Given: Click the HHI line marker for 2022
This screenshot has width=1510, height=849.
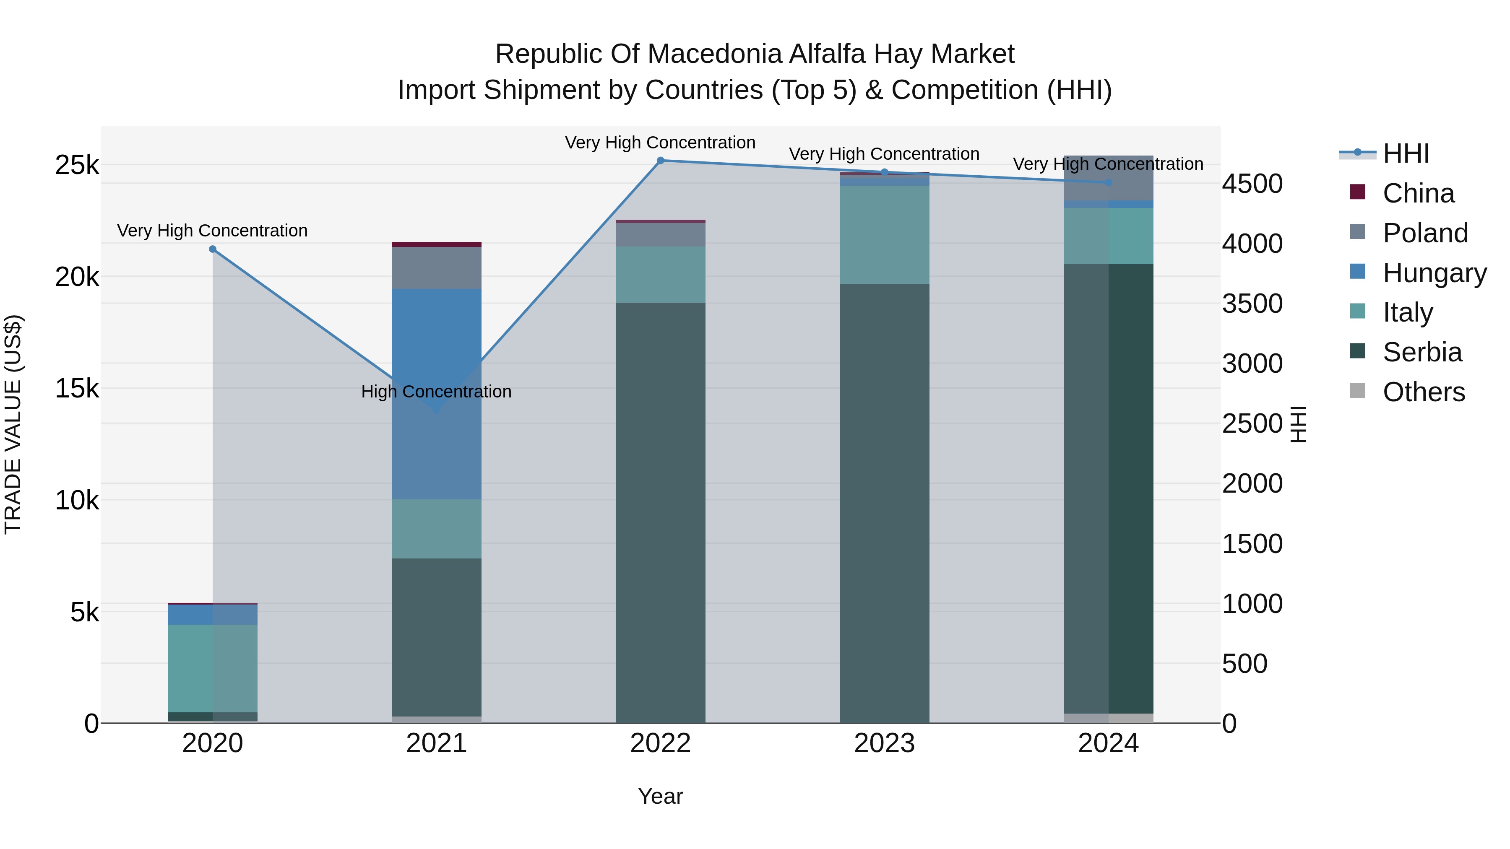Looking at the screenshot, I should (x=660, y=161).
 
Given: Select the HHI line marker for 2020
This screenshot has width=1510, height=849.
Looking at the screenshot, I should (x=213, y=249).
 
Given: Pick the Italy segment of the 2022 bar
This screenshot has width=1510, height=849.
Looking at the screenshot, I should (x=660, y=274).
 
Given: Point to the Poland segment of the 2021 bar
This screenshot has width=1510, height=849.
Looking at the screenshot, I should (x=436, y=268).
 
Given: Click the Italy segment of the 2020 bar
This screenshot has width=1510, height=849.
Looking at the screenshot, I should (x=213, y=668).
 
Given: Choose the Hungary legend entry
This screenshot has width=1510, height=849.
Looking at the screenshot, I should (x=1434, y=273).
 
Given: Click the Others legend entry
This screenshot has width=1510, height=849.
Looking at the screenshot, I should (x=1423, y=392).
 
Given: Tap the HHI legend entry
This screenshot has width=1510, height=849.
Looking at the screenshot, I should (x=1405, y=153).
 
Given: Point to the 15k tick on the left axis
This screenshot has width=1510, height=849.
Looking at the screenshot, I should (x=77, y=389).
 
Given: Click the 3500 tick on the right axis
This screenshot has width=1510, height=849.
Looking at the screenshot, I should (x=1252, y=304).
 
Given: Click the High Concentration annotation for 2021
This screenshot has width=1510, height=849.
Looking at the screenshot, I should (x=436, y=392).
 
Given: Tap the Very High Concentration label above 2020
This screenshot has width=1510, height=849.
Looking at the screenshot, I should (x=212, y=231).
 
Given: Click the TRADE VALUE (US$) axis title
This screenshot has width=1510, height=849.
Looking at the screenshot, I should (x=13, y=424).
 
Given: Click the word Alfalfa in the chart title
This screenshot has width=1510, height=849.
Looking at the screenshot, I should (x=827, y=54).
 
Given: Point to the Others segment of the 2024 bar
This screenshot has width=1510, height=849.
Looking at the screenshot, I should (x=1108, y=718).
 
